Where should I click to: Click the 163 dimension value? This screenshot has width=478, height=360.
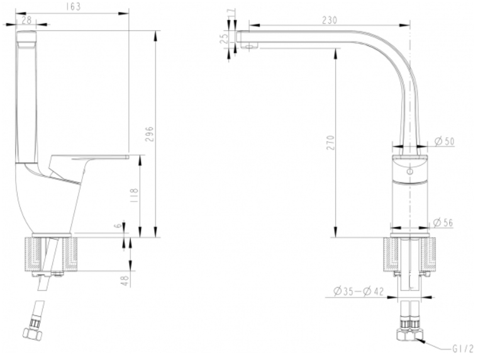pos(73,7)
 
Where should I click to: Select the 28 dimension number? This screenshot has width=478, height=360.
pos(27,20)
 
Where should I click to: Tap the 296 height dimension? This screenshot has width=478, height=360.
pos(150,133)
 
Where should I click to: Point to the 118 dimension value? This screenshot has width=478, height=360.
pos(134,195)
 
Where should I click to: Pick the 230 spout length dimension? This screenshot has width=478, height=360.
pos(330,20)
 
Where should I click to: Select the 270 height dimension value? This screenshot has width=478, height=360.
pos(330,142)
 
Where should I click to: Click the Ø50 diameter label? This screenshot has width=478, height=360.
pos(445,141)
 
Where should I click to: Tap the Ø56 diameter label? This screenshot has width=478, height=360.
pos(443,223)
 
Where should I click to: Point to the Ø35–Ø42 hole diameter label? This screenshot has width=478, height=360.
pos(358,291)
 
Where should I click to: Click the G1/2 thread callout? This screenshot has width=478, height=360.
pos(463,349)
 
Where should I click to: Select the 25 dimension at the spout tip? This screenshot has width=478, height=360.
pos(225,39)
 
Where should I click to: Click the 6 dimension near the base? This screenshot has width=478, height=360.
pos(118,226)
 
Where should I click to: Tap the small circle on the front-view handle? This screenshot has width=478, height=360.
pos(410,171)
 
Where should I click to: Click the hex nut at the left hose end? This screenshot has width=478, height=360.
pos(32,332)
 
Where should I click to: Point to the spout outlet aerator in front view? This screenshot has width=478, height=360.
pos(249,47)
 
